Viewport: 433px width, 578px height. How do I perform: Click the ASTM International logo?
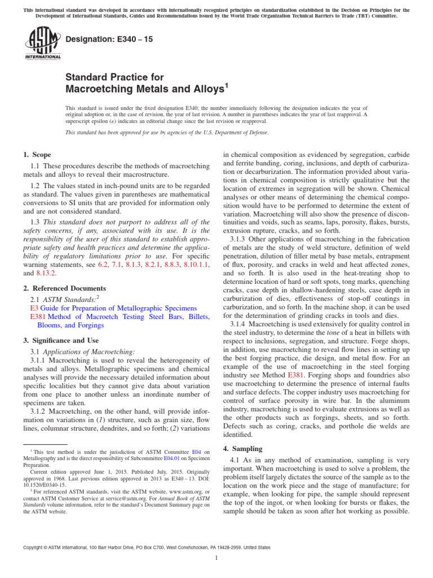coord(43,43)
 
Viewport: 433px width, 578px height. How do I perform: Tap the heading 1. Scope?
coord(37,155)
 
